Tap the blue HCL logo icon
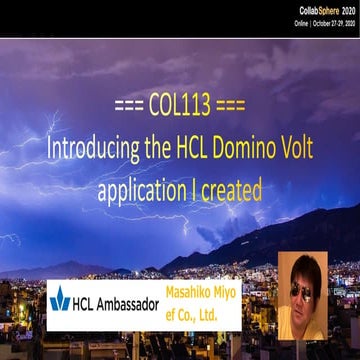pos(61,299)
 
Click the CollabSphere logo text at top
pos(317,10)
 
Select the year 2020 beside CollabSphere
pos(345,10)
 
